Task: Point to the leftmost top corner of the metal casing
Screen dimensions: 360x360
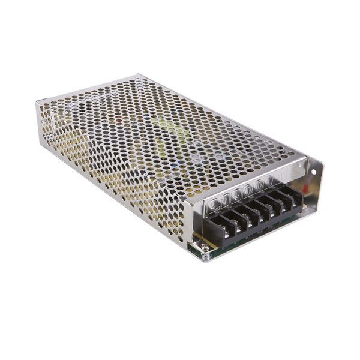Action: (x=37, y=103)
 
